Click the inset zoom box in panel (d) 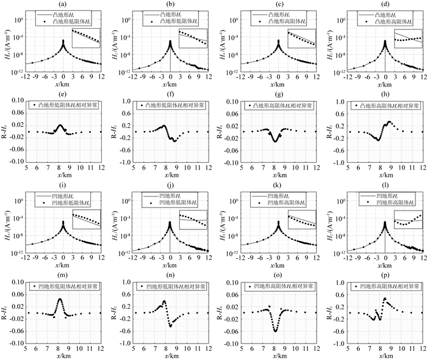(x=408, y=38)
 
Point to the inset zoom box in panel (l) (x=408, y=219)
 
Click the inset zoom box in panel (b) (x=193, y=38)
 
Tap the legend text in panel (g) (x=284, y=106)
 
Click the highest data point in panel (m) (x=60, y=300)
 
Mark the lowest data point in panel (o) (x=275, y=331)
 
